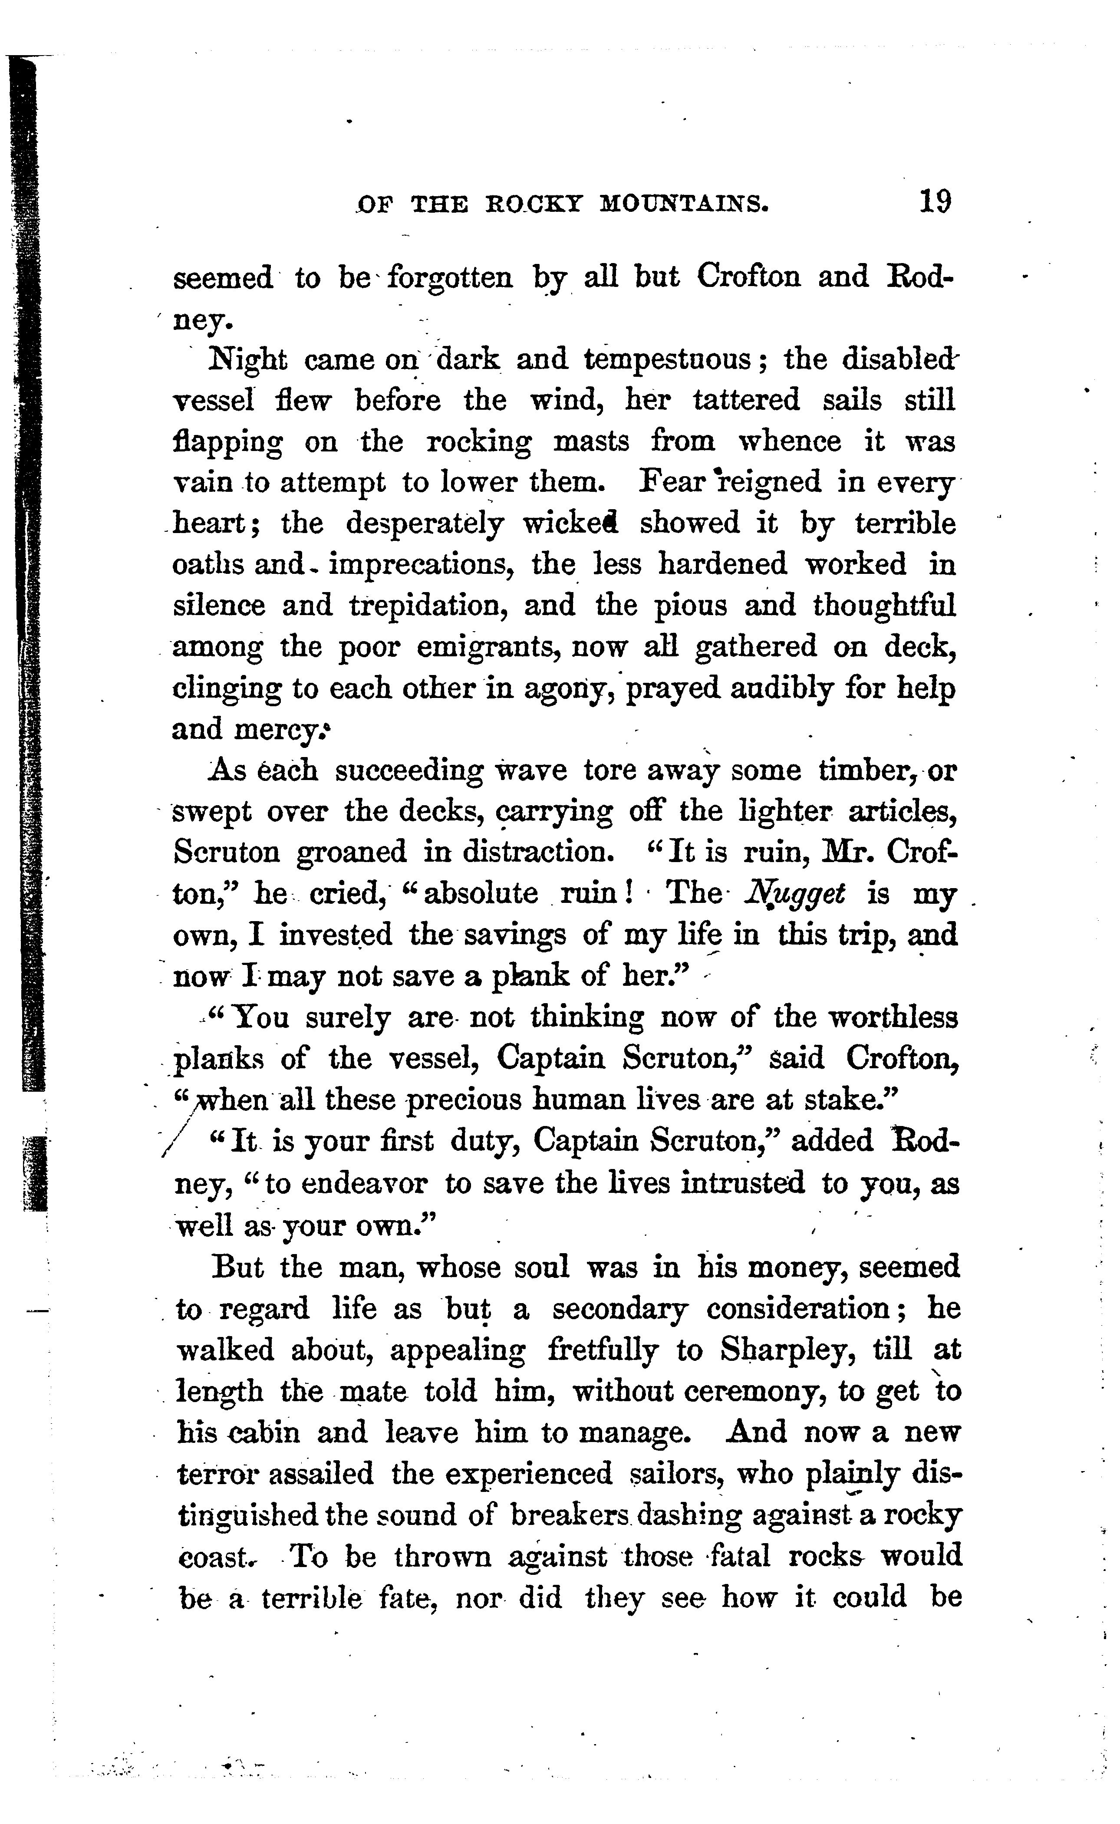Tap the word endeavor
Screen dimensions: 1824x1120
(346, 1183)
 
